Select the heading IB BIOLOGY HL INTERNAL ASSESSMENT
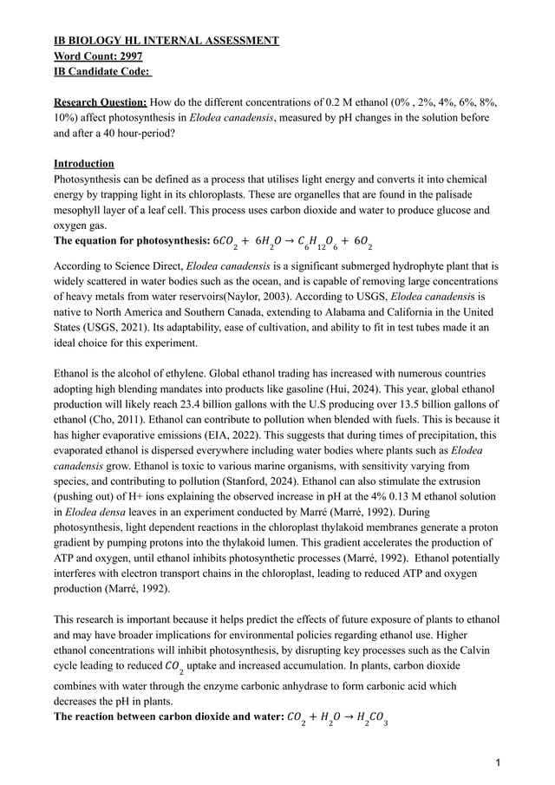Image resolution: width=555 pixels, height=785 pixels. (x=166, y=41)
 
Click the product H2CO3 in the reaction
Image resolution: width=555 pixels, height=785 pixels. (x=370, y=717)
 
